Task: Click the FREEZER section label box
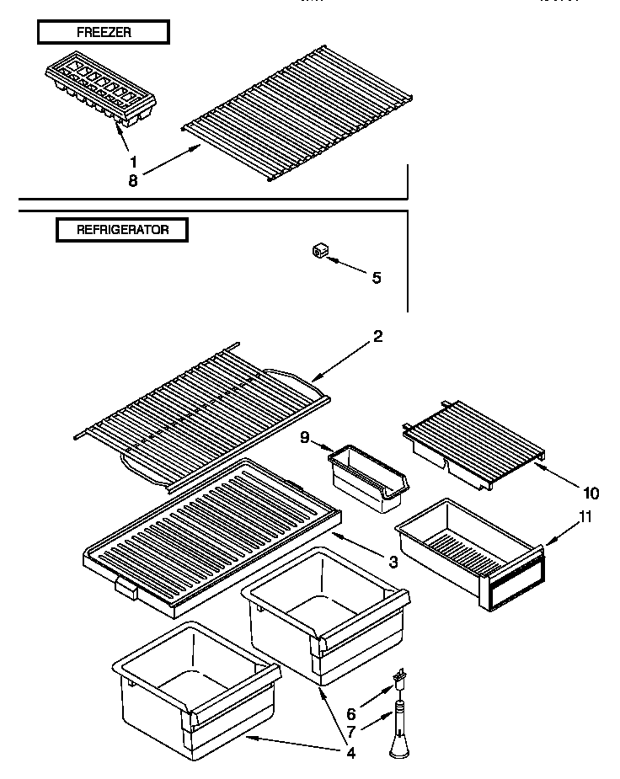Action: tap(103, 33)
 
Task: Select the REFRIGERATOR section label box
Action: tap(122, 229)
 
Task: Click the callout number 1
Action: tap(131, 161)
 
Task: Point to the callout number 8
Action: tap(131, 179)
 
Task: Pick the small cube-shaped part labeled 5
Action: tap(319, 250)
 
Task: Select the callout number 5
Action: tap(376, 277)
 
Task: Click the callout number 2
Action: tap(378, 337)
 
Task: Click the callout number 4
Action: tap(350, 754)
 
